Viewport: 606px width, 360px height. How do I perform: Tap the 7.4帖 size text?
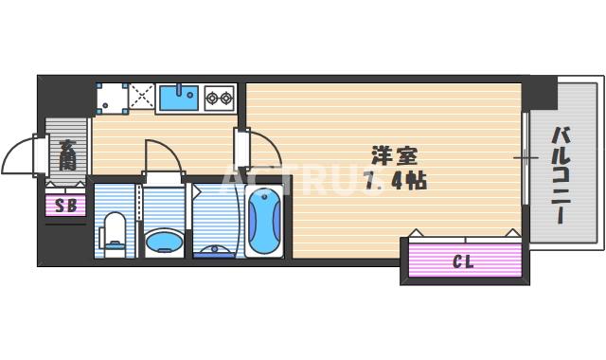pos(395,180)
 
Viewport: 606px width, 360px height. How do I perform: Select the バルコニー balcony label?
pos(559,175)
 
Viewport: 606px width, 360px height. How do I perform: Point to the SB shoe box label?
pos(65,205)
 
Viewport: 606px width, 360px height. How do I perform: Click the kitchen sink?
pos(178,98)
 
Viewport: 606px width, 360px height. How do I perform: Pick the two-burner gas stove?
pos(220,97)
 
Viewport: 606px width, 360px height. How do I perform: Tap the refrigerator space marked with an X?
pos(142,97)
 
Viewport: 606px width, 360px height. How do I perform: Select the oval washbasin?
pos(164,241)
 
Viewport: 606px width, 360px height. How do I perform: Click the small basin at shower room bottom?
pos(213,251)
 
